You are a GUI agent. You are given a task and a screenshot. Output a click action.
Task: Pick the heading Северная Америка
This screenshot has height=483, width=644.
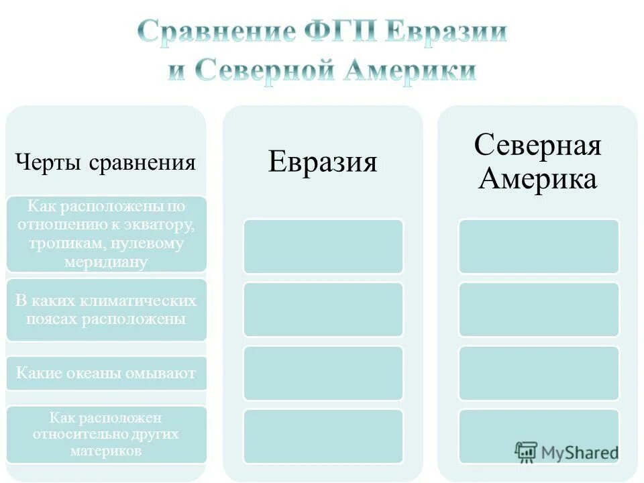click(x=538, y=162)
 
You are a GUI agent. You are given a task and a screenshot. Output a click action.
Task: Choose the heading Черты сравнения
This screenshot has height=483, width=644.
click(x=106, y=162)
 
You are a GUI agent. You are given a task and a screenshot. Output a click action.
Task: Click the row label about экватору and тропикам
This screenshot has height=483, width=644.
click(x=106, y=234)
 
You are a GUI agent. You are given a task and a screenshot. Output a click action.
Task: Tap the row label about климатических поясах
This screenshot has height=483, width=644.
click(x=106, y=310)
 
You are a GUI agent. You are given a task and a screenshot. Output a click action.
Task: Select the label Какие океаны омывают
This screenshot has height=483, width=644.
click(x=106, y=374)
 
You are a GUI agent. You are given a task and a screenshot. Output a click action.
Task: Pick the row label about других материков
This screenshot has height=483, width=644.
click(x=106, y=434)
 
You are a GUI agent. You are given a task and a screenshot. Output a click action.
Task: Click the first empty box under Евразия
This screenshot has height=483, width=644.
click(x=323, y=246)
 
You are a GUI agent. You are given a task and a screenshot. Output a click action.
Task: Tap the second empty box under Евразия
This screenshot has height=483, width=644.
click(x=323, y=309)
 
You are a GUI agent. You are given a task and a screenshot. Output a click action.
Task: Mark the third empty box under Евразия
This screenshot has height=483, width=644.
click(x=323, y=373)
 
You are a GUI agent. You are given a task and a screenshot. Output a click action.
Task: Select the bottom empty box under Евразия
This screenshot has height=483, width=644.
click(x=323, y=436)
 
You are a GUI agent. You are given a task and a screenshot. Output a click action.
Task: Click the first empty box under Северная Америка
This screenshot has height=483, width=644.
click(x=539, y=246)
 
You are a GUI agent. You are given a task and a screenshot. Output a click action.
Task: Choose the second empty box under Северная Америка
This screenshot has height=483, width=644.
click(x=539, y=309)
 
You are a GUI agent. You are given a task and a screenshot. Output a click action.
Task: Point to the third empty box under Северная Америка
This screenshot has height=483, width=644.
click(x=539, y=373)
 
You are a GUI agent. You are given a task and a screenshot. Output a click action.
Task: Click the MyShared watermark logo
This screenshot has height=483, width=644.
click(x=567, y=451)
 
